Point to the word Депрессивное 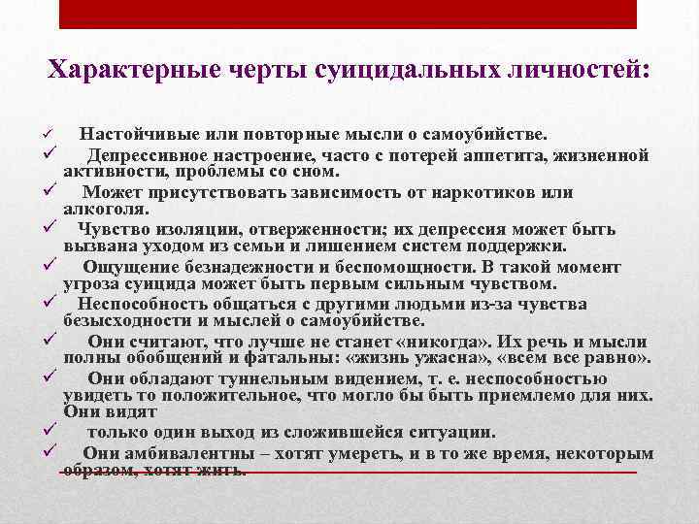(x=149, y=155)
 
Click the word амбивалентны (x=172, y=454)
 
